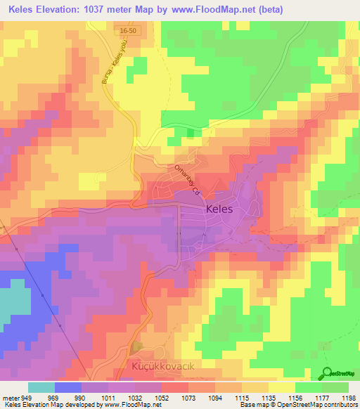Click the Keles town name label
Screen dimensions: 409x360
224,209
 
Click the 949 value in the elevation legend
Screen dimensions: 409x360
27,397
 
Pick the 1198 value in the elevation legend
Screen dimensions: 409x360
349,397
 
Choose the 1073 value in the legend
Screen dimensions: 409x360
188,397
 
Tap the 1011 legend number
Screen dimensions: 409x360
108,397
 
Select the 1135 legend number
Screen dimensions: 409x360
269,397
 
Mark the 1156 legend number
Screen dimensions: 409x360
295,397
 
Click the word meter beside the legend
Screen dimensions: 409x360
10,397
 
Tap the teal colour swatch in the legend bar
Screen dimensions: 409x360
41,387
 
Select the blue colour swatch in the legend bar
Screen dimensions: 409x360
68,387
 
